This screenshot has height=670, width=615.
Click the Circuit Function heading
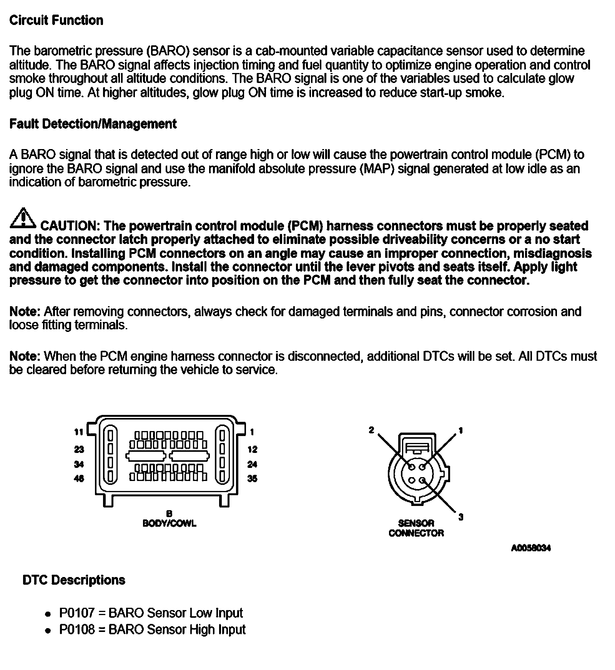click(x=56, y=20)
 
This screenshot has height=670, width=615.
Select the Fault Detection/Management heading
click(x=93, y=124)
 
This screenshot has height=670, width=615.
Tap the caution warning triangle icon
click(x=23, y=218)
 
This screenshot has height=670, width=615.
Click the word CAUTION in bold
click(x=69, y=226)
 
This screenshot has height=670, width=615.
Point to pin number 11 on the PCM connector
click(x=78, y=432)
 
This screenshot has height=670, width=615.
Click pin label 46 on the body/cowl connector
click(x=79, y=479)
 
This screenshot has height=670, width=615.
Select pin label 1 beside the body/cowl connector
click(x=252, y=432)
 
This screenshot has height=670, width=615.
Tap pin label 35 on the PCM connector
click(x=252, y=479)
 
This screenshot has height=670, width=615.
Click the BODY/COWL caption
click(x=169, y=523)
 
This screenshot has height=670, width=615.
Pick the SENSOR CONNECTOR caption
click(x=416, y=528)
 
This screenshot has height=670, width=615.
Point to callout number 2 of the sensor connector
click(x=371, y=430)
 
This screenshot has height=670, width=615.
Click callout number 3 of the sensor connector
click(x=461, y=517)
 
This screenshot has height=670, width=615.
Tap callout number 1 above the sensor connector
click(x=460, y=430)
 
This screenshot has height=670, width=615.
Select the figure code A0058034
click(x=531, y=548)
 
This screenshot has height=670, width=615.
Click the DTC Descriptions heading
click(x=74, y=580)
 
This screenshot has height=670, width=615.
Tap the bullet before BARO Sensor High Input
click(x=48, y=630)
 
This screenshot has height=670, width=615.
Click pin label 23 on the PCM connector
click(x=79, y=449)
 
